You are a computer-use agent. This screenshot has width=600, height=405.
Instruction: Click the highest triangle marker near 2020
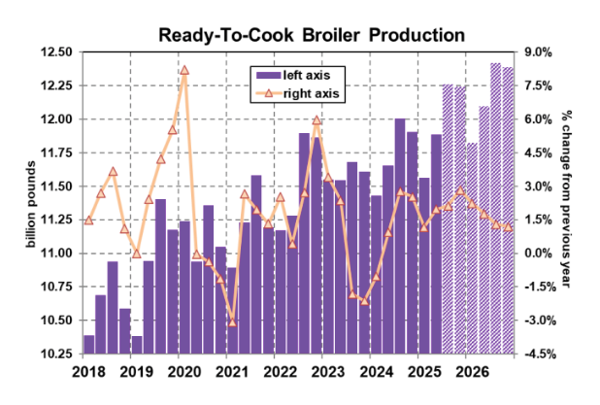tap(184, 70)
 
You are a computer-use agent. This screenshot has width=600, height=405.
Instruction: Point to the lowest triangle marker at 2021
tap(232, 321)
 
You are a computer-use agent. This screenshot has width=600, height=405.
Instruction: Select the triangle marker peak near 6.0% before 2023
tap(317, 120)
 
